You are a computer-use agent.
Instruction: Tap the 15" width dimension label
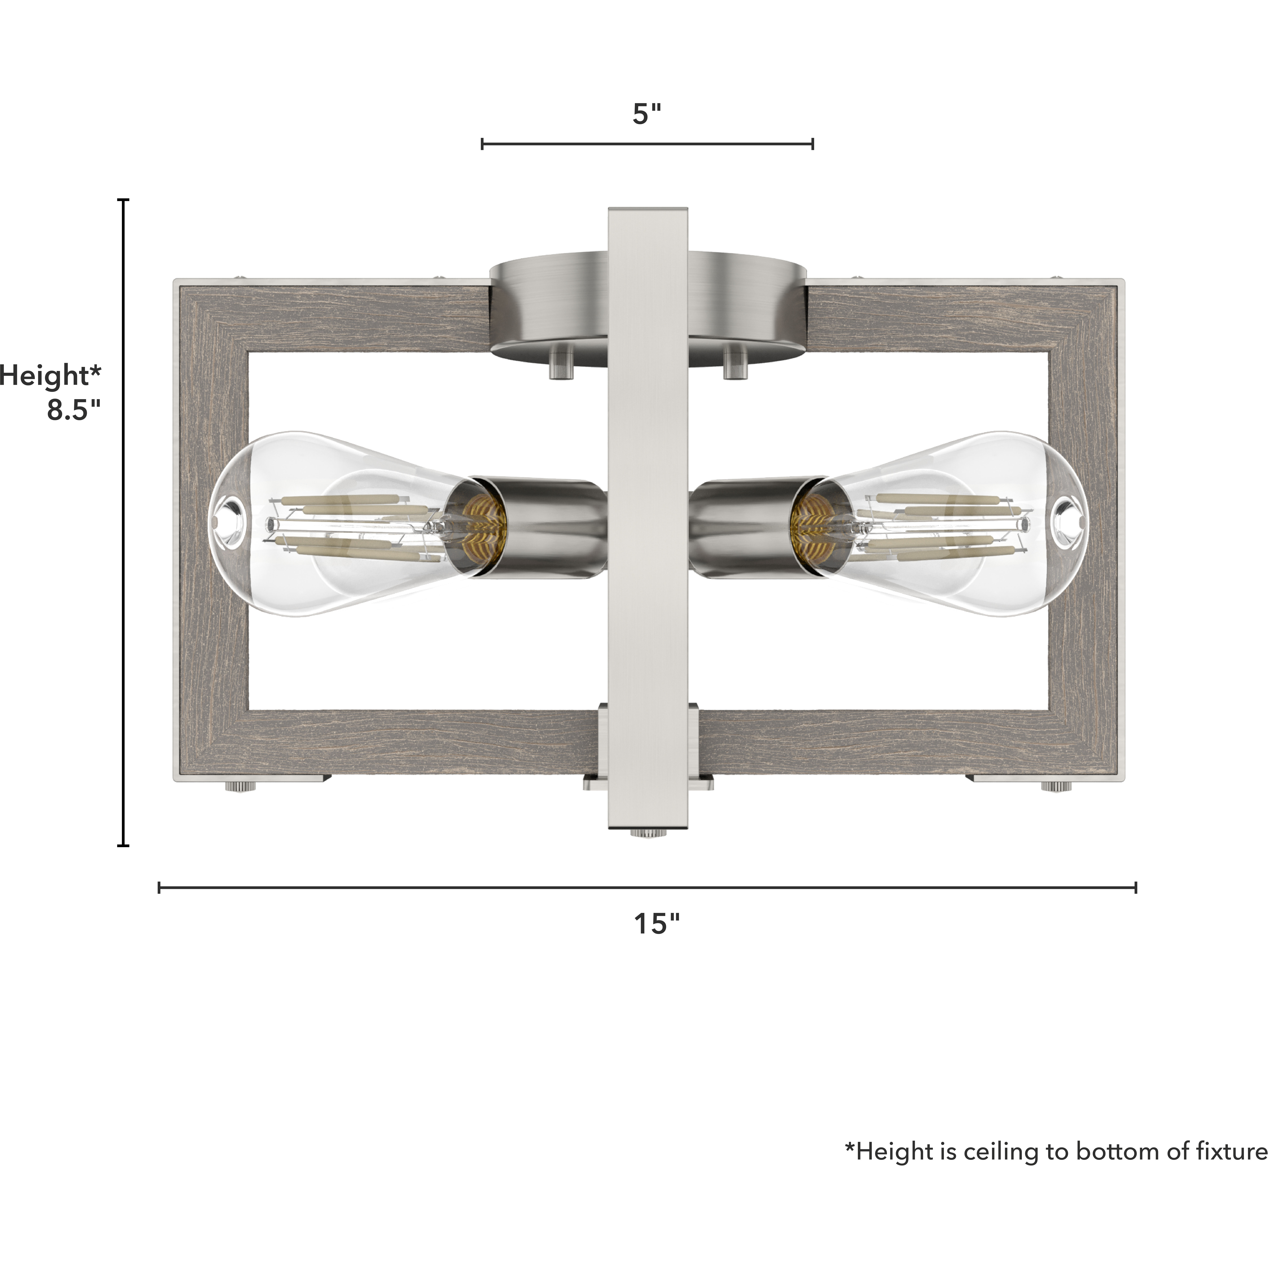pyautogui.click(x=656, y=924)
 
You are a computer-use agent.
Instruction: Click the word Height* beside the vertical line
pyautogui.click(x=51, y=376)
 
